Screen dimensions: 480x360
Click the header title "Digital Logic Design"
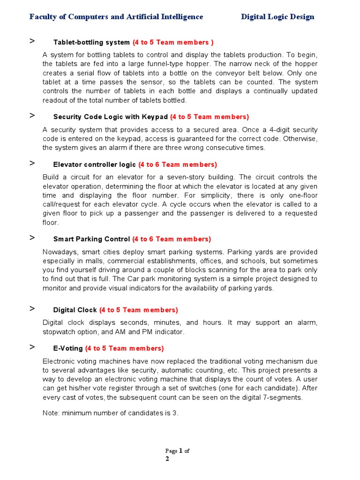tap(277, 17)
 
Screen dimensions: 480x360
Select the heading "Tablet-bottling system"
tap(91, 42)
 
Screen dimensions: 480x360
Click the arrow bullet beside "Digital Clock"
tap(32, 308)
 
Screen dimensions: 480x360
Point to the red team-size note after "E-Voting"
tap(124, 348)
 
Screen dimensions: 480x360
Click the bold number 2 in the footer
tap(167, 459)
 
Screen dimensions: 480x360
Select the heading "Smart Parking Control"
tap(91, 239)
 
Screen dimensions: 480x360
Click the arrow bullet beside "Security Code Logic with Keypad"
tap(32, 115)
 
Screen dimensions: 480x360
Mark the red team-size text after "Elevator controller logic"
tap(178, 165)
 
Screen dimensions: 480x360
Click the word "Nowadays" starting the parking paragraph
tap(58, 252)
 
